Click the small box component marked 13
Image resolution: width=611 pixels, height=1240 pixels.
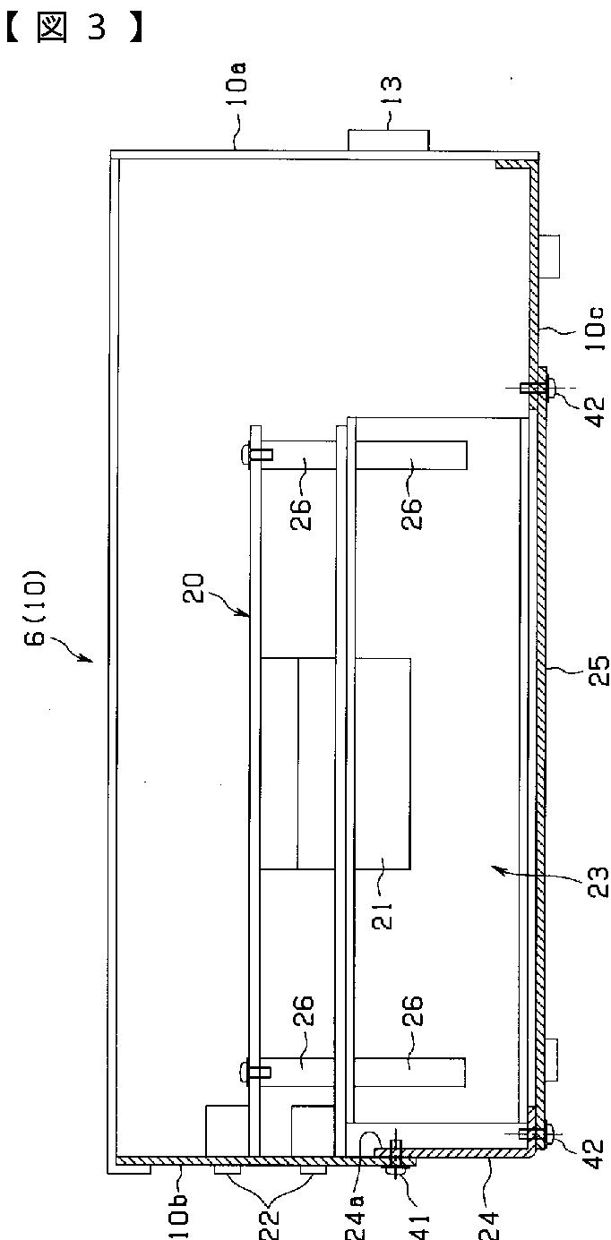(x=388, y=140)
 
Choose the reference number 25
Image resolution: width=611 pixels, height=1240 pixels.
(x=598, y=671)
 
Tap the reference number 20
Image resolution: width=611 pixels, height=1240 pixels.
(x=194, y=588)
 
